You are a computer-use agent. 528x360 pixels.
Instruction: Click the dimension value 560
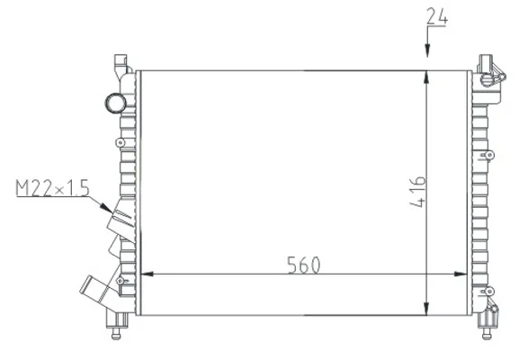(304, 265)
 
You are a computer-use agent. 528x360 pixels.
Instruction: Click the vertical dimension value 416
(417, 191)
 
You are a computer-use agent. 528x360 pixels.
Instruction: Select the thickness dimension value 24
(437, 16)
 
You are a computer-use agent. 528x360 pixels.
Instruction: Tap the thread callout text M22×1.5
(52, 188)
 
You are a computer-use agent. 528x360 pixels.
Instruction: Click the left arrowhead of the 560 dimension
(147, 274)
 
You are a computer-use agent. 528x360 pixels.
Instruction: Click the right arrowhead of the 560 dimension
(461, 274)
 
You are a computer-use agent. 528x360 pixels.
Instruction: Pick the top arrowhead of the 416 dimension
(426, 77)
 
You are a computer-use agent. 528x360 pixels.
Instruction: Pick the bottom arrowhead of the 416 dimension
(426, 309)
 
